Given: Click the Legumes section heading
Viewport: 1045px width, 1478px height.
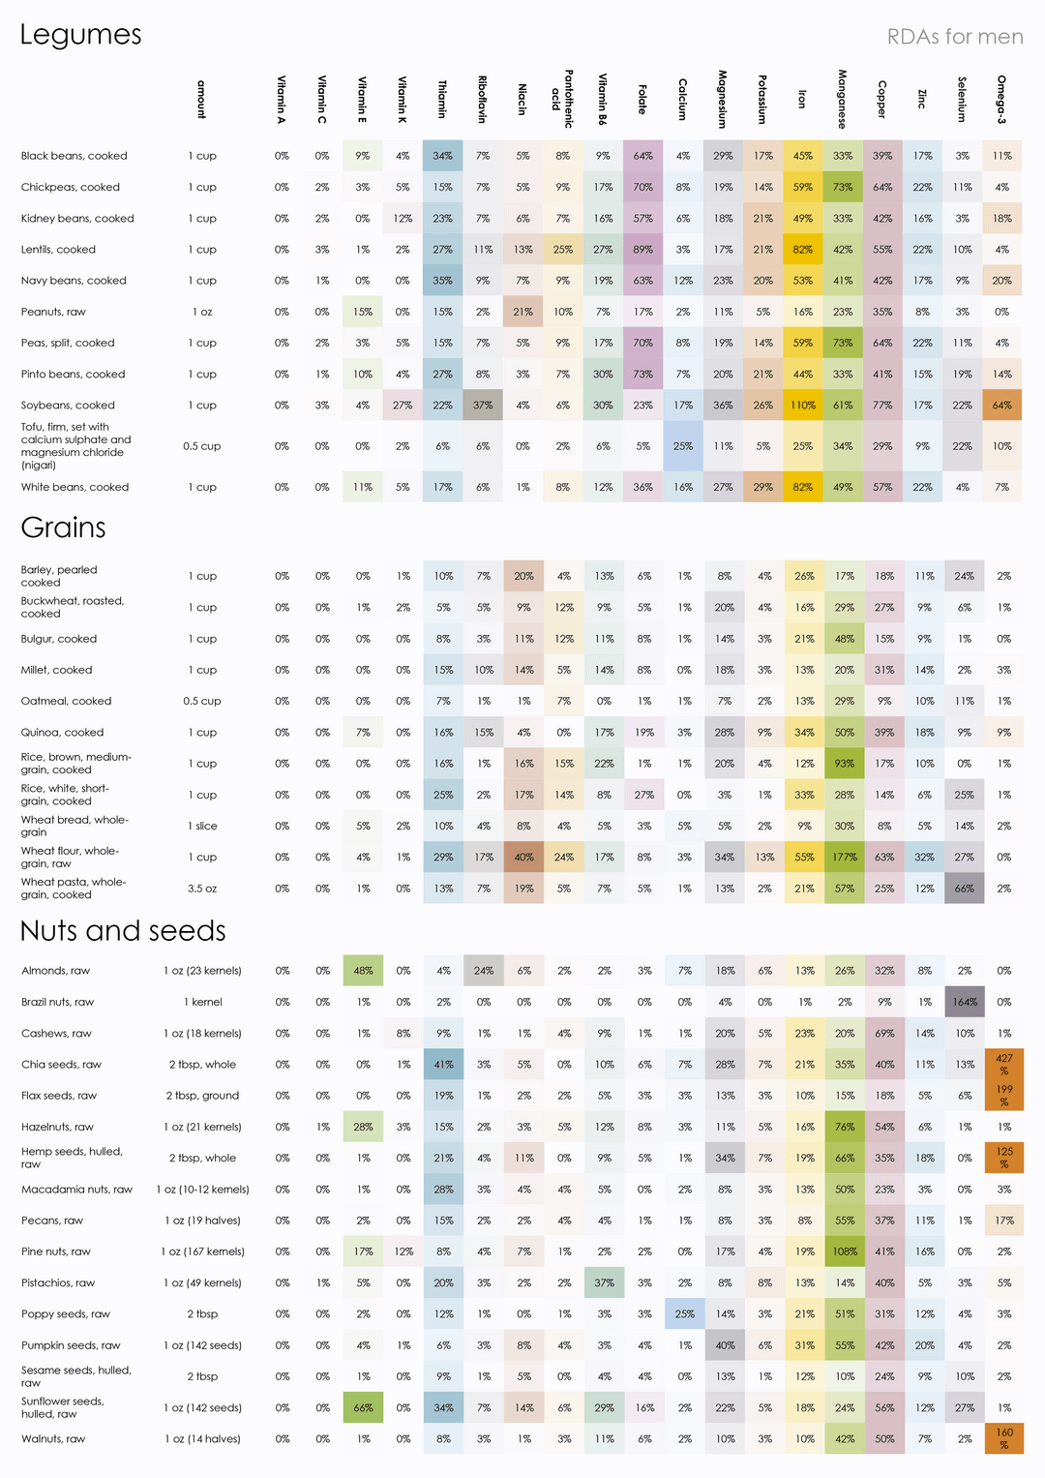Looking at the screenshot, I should [80, 36].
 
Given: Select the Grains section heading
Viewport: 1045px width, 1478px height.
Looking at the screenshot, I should [63, 528].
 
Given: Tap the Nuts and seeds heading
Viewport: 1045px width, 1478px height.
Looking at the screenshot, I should [123, 931].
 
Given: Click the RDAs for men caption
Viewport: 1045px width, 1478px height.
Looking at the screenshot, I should [955, 37].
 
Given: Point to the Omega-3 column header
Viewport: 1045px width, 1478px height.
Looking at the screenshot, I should [1001, 98].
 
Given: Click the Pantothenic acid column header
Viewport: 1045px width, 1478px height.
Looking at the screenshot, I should [562, 98].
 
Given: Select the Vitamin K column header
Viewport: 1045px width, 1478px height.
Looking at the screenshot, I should [403, 98].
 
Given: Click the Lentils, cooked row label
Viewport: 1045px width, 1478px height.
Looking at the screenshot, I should [58, 250].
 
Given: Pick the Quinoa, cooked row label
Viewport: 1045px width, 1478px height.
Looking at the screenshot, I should [62, 733].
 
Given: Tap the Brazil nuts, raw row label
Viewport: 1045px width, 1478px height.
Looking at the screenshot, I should [58, 1002].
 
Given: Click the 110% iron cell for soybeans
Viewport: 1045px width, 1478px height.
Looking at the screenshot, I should [803, 406].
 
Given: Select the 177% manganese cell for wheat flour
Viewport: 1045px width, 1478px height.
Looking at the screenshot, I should [845, 858].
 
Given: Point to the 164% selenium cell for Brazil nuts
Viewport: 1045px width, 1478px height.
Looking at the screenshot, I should [965, 1002].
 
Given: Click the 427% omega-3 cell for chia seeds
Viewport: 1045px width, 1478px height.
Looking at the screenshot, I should [1004, 1065].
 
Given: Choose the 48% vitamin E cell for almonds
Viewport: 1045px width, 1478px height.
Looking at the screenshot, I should [363, 971].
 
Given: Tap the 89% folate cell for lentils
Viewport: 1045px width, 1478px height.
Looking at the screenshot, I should [642, 250].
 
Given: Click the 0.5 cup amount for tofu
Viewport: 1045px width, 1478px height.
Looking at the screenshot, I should [202, 446].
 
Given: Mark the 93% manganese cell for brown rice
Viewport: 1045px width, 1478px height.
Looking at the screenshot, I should [845, 764].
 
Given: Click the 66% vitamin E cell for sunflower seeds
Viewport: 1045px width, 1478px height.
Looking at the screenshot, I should [363, 1408].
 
